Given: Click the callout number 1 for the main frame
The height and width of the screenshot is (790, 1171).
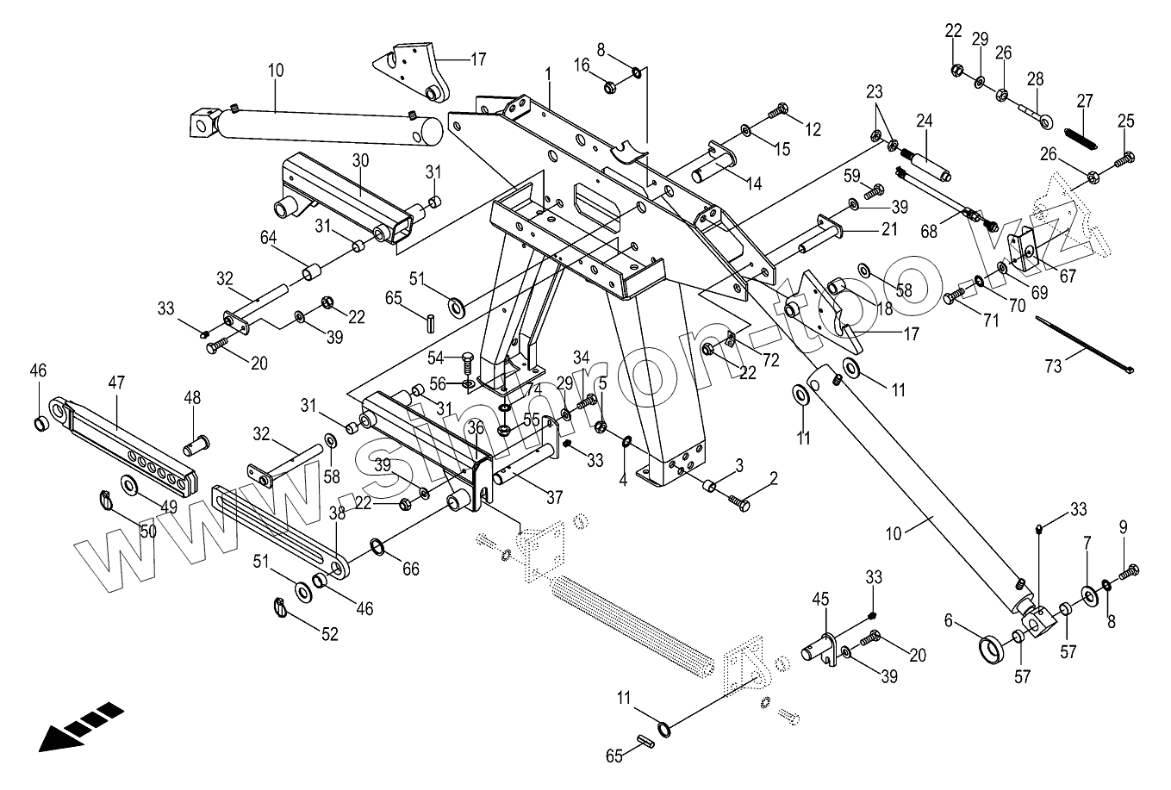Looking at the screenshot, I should [x=548, y=75].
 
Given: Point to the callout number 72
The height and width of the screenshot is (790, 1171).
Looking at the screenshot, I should [x=759, y=356].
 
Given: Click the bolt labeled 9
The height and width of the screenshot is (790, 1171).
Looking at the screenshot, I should [x=1129, y=570].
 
